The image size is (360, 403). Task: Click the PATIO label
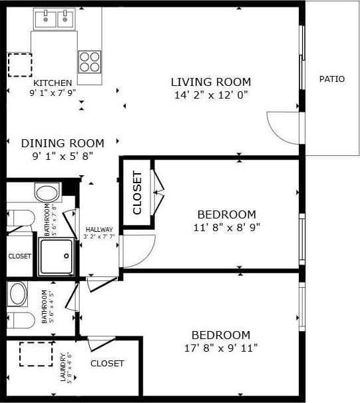332,79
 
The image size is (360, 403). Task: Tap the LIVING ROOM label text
211,82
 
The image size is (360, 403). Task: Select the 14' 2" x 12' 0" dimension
211,95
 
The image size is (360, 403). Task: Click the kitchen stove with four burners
90,62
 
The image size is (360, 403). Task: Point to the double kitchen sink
55,19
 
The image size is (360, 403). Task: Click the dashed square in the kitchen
20,65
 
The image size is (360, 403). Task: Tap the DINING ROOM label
63,143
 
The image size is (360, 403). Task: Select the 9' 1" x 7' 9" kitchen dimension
53,93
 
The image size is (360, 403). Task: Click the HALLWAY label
99,230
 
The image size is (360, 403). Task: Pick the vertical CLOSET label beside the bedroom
137,193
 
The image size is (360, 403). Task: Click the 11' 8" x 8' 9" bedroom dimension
227,227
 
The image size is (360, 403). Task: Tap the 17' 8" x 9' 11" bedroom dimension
221,348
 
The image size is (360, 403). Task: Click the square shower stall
57,256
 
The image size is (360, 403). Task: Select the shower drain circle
67,256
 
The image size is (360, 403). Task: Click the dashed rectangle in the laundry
36,354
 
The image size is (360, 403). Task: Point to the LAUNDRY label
63,367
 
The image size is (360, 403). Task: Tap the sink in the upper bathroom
47,193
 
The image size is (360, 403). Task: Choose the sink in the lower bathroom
18,294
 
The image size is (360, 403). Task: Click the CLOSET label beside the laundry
107,364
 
